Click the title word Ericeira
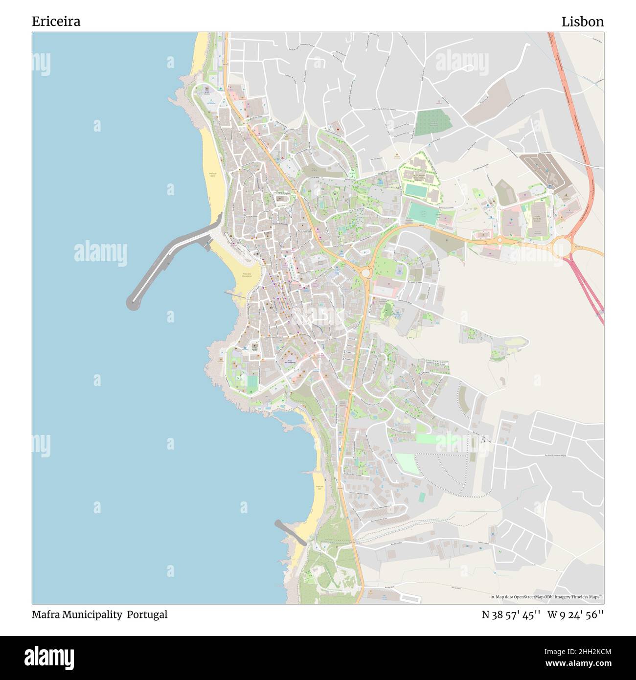coord(56,22)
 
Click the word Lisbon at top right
coord(582,22)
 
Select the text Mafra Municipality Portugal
coord(99,614)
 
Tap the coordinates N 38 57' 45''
coord(511,614)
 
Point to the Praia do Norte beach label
coord(213,175)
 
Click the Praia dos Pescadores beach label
coord(246,275)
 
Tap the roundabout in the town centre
coord(365,272)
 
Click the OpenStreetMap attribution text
coord(546,597)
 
